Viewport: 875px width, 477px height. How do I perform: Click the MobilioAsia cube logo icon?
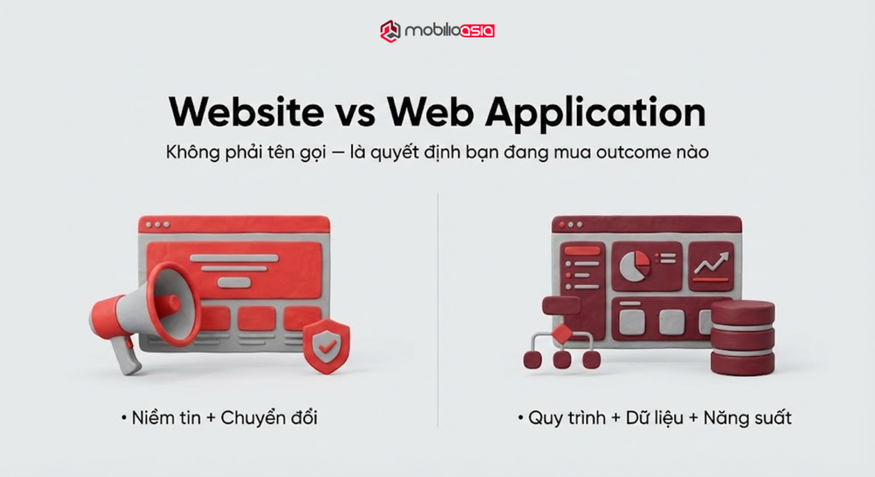pyautogui.click(x=391, y=31)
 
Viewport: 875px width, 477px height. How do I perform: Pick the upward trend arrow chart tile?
pyautogui.click(x=710, y=265)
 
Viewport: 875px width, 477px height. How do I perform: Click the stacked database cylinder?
pyautogui.click(x=743, y=337)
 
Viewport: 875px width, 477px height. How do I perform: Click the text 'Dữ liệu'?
pyautogui.click(x=654, y=418)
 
